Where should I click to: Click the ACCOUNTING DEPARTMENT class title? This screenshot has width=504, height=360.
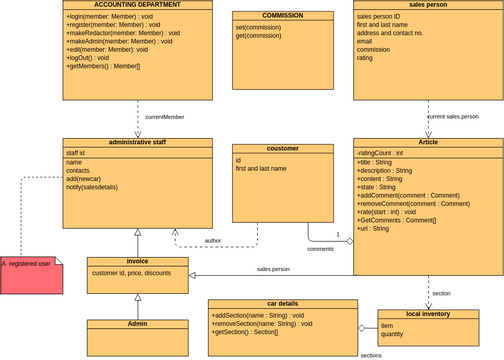pyautogui.click(x=138, y=5)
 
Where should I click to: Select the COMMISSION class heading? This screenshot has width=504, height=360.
pyautogui.click(x=268, y=16)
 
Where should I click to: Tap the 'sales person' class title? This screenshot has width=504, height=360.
pyautogui.click(x=428, y=5)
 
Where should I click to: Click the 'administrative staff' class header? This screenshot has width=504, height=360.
pyautogui.click(x=138, y=142)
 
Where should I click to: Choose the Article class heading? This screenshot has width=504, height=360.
pyautogui.click(x=428, y=142)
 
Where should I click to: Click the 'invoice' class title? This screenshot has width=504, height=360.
pyautogui.click(x=137, y=261)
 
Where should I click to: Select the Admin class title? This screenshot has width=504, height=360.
pyautogui.click(x=137, y=324)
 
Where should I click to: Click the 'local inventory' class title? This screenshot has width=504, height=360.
pyautogui.click(x=428, y=314)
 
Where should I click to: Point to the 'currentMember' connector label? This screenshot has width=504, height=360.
pyautogui.click(x=165, y=117)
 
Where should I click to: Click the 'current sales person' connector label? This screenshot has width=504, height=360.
pyautogui.click(x=453, y=117)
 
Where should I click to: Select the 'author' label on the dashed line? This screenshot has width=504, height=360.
pyautogui.click(x=213, y=240)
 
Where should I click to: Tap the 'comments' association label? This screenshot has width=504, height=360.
pyautogui.click(x=320, y=248)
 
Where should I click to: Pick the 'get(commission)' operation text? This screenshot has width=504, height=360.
pyautogui.click(x=258, y=35)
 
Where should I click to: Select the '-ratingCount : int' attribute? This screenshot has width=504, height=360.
pyautogui.click(x=381, y=153)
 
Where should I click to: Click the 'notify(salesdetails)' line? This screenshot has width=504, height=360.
pyautogui.click(x=99, y=188)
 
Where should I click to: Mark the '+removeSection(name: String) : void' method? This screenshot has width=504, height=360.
pyautogui.click(x=262, y=324)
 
